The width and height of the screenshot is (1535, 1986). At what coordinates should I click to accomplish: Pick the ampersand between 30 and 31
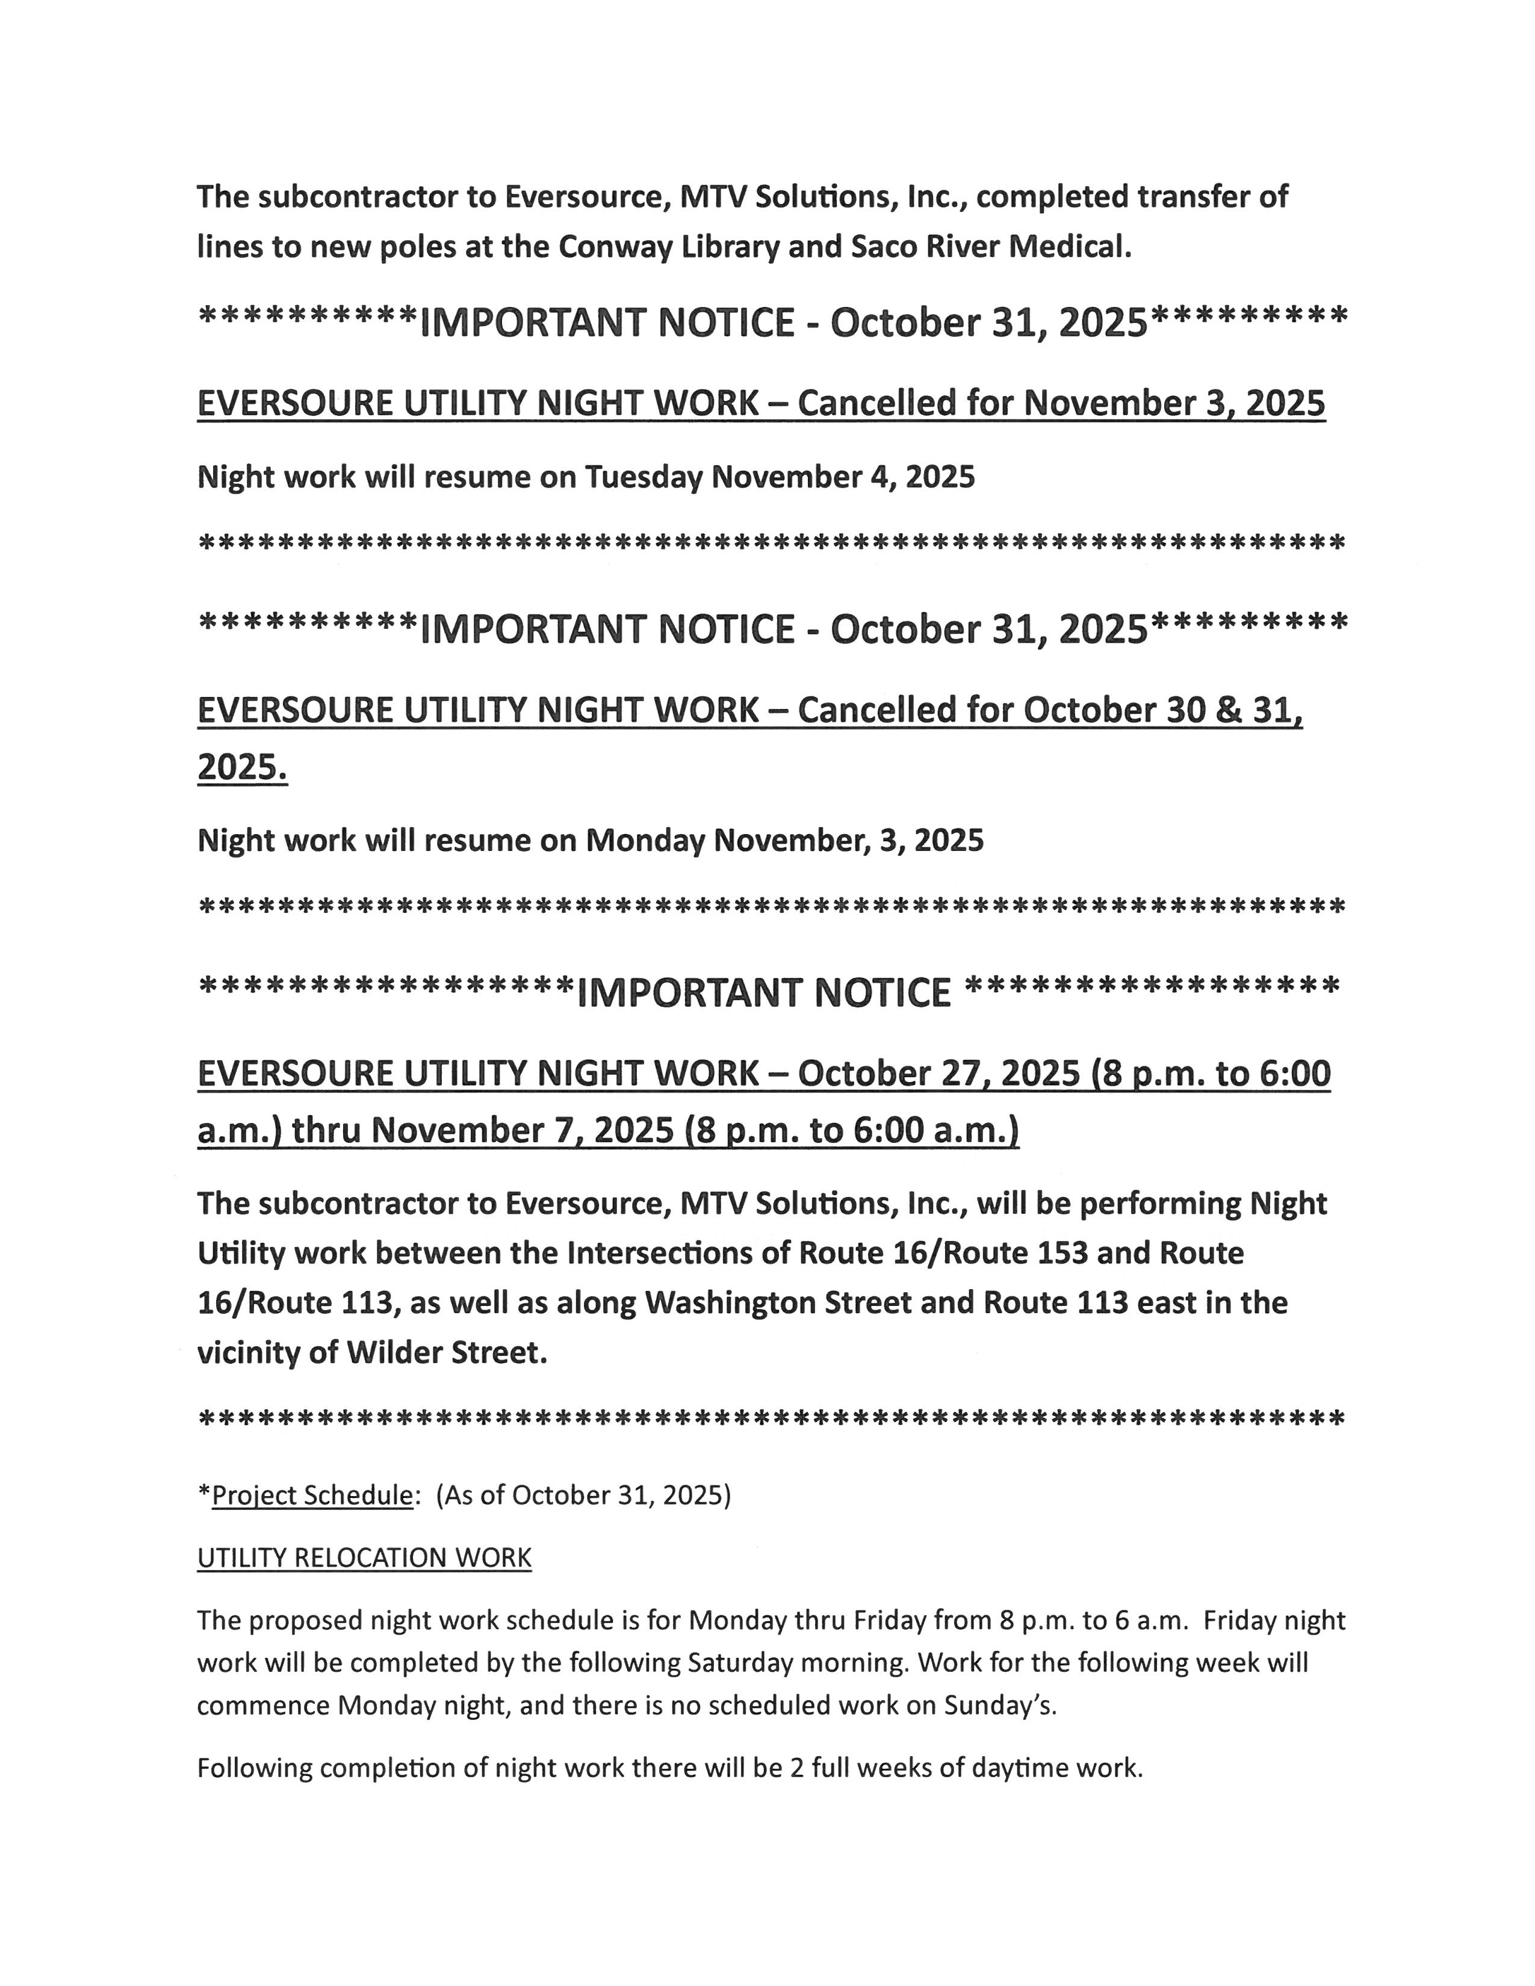1223,710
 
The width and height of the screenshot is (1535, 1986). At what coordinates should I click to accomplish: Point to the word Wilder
395,1353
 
